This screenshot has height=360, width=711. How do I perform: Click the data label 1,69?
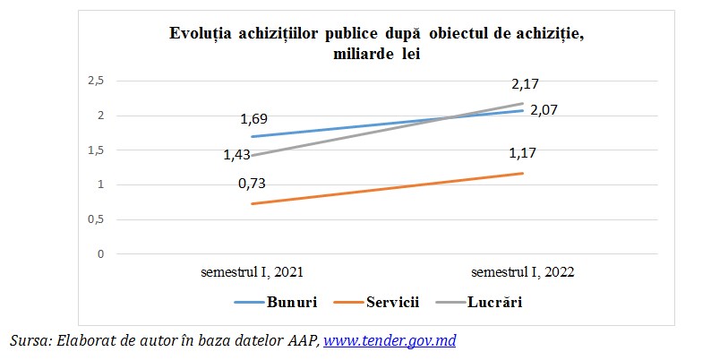253,118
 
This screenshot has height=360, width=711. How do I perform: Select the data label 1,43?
237,155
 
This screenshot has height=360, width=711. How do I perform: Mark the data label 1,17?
523,152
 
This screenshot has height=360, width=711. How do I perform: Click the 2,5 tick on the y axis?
96,81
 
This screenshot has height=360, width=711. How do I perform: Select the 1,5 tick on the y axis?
96,150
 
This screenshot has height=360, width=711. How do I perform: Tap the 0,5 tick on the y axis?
96,219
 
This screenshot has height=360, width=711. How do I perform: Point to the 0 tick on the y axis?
101,254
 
